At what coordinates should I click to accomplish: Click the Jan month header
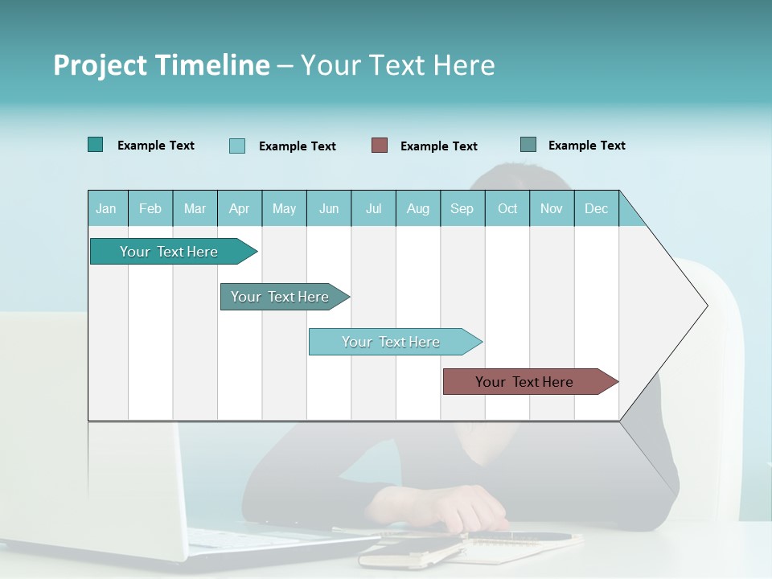pyautogui.click(x=107, y=208)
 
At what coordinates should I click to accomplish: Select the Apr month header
pyautogui.click(x=239, y=208)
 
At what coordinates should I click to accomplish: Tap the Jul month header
pyautogui.click(x=373, y=208)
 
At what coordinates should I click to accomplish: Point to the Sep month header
pyautogui.click(x=462, y=208)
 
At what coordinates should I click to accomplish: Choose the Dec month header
pyautogui.click(x=596, y=208)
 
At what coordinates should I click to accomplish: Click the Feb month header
pyautogui.click(x=150, y=208)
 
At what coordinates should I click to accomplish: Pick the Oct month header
pyautogui.click(x=507, y=208)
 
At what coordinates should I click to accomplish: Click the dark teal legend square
pyautogui.click(x=96, y=145)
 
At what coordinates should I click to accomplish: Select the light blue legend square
pyautogui.click(x=237, y=146)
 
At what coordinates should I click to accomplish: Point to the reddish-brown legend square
pyautogui.click(x=380, y=146)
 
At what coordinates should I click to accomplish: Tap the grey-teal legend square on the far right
pyautogui.click(x=528, y=145)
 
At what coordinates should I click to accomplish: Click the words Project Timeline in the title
pyautogui.click(x=161, y=65)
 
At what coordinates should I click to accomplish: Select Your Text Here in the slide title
pyautogui.click(x=397, y=65)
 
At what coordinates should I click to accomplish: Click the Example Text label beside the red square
pyautogui.click(x=438, y=146)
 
